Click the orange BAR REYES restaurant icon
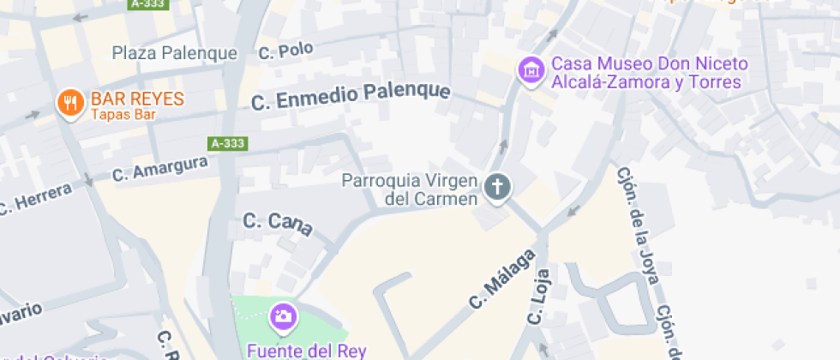(69, 104)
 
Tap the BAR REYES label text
(137, 99)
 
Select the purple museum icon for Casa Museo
(532, 71)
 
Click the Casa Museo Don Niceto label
(649, 73)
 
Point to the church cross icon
(496, 186)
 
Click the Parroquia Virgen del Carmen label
(409, 189)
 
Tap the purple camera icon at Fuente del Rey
(282, 318)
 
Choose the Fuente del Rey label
(306, 351)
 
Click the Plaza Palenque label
(175, 53)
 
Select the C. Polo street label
(285, 51)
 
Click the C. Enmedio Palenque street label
(351, 95)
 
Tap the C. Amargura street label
(160, 168)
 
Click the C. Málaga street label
(501, 279)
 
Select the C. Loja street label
(538, 297)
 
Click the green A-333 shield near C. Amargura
(228, 143)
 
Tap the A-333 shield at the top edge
(148, 4)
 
